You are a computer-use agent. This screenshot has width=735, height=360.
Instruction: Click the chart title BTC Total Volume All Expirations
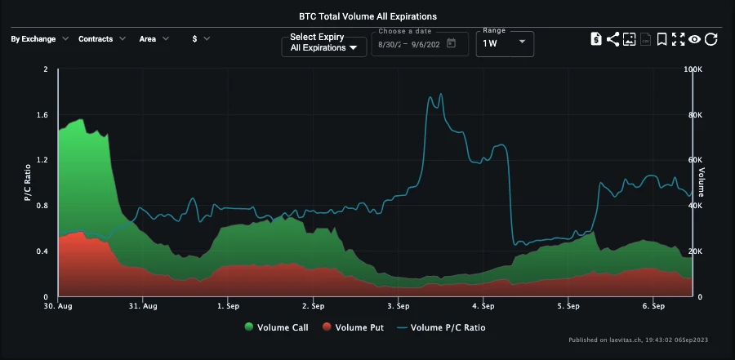tap(367, 16)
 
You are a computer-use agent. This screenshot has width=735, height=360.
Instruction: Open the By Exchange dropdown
tap(39, 38)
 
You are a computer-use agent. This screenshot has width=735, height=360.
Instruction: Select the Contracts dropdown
tap(101, 38)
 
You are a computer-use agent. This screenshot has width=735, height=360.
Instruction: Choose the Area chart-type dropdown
tap(154, 38)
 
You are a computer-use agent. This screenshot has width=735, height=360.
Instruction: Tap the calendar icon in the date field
tap(451, 43)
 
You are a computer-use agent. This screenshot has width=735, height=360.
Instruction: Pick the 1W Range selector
tap(505, 43)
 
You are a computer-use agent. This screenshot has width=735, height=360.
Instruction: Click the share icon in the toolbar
tap(612, 39)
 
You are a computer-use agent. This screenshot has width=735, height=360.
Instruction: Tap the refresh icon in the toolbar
tap(711, 39)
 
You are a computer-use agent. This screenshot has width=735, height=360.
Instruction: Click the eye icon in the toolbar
tap(695, 39)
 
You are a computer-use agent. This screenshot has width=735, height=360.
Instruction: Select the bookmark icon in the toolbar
tap(662, 39)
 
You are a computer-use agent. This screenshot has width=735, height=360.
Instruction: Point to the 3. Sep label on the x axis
tap(399, 307)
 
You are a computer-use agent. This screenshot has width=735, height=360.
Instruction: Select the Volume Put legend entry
tap(357, 327)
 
